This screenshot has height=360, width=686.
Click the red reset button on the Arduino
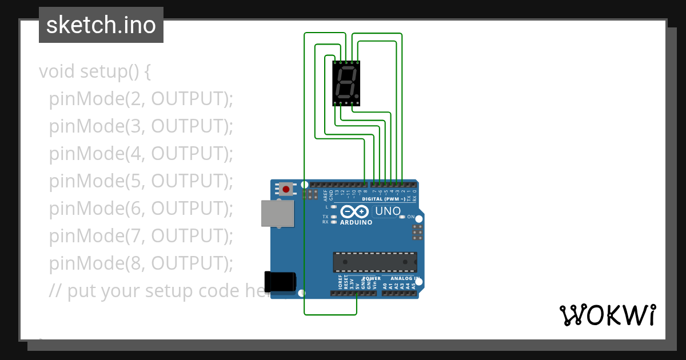click(285, 189)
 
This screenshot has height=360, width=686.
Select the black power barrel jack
click(281, 281)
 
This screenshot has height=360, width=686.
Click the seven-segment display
click(346, 83)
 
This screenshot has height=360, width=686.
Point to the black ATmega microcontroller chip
click(375, 262)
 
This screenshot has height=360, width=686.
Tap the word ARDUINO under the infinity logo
click(356, 222)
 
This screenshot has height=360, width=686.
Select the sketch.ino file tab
click(101, 25)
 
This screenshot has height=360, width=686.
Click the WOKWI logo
click(607, 315)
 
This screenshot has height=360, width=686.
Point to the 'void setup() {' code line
click(94, 71)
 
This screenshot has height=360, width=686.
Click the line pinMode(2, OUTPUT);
click(141, 99)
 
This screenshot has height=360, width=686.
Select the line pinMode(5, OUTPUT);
click(141, 181)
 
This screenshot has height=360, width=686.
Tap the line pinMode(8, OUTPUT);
click(141, 263)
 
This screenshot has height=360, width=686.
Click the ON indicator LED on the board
click(402, 217)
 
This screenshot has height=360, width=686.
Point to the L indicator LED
click(334, 206)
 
